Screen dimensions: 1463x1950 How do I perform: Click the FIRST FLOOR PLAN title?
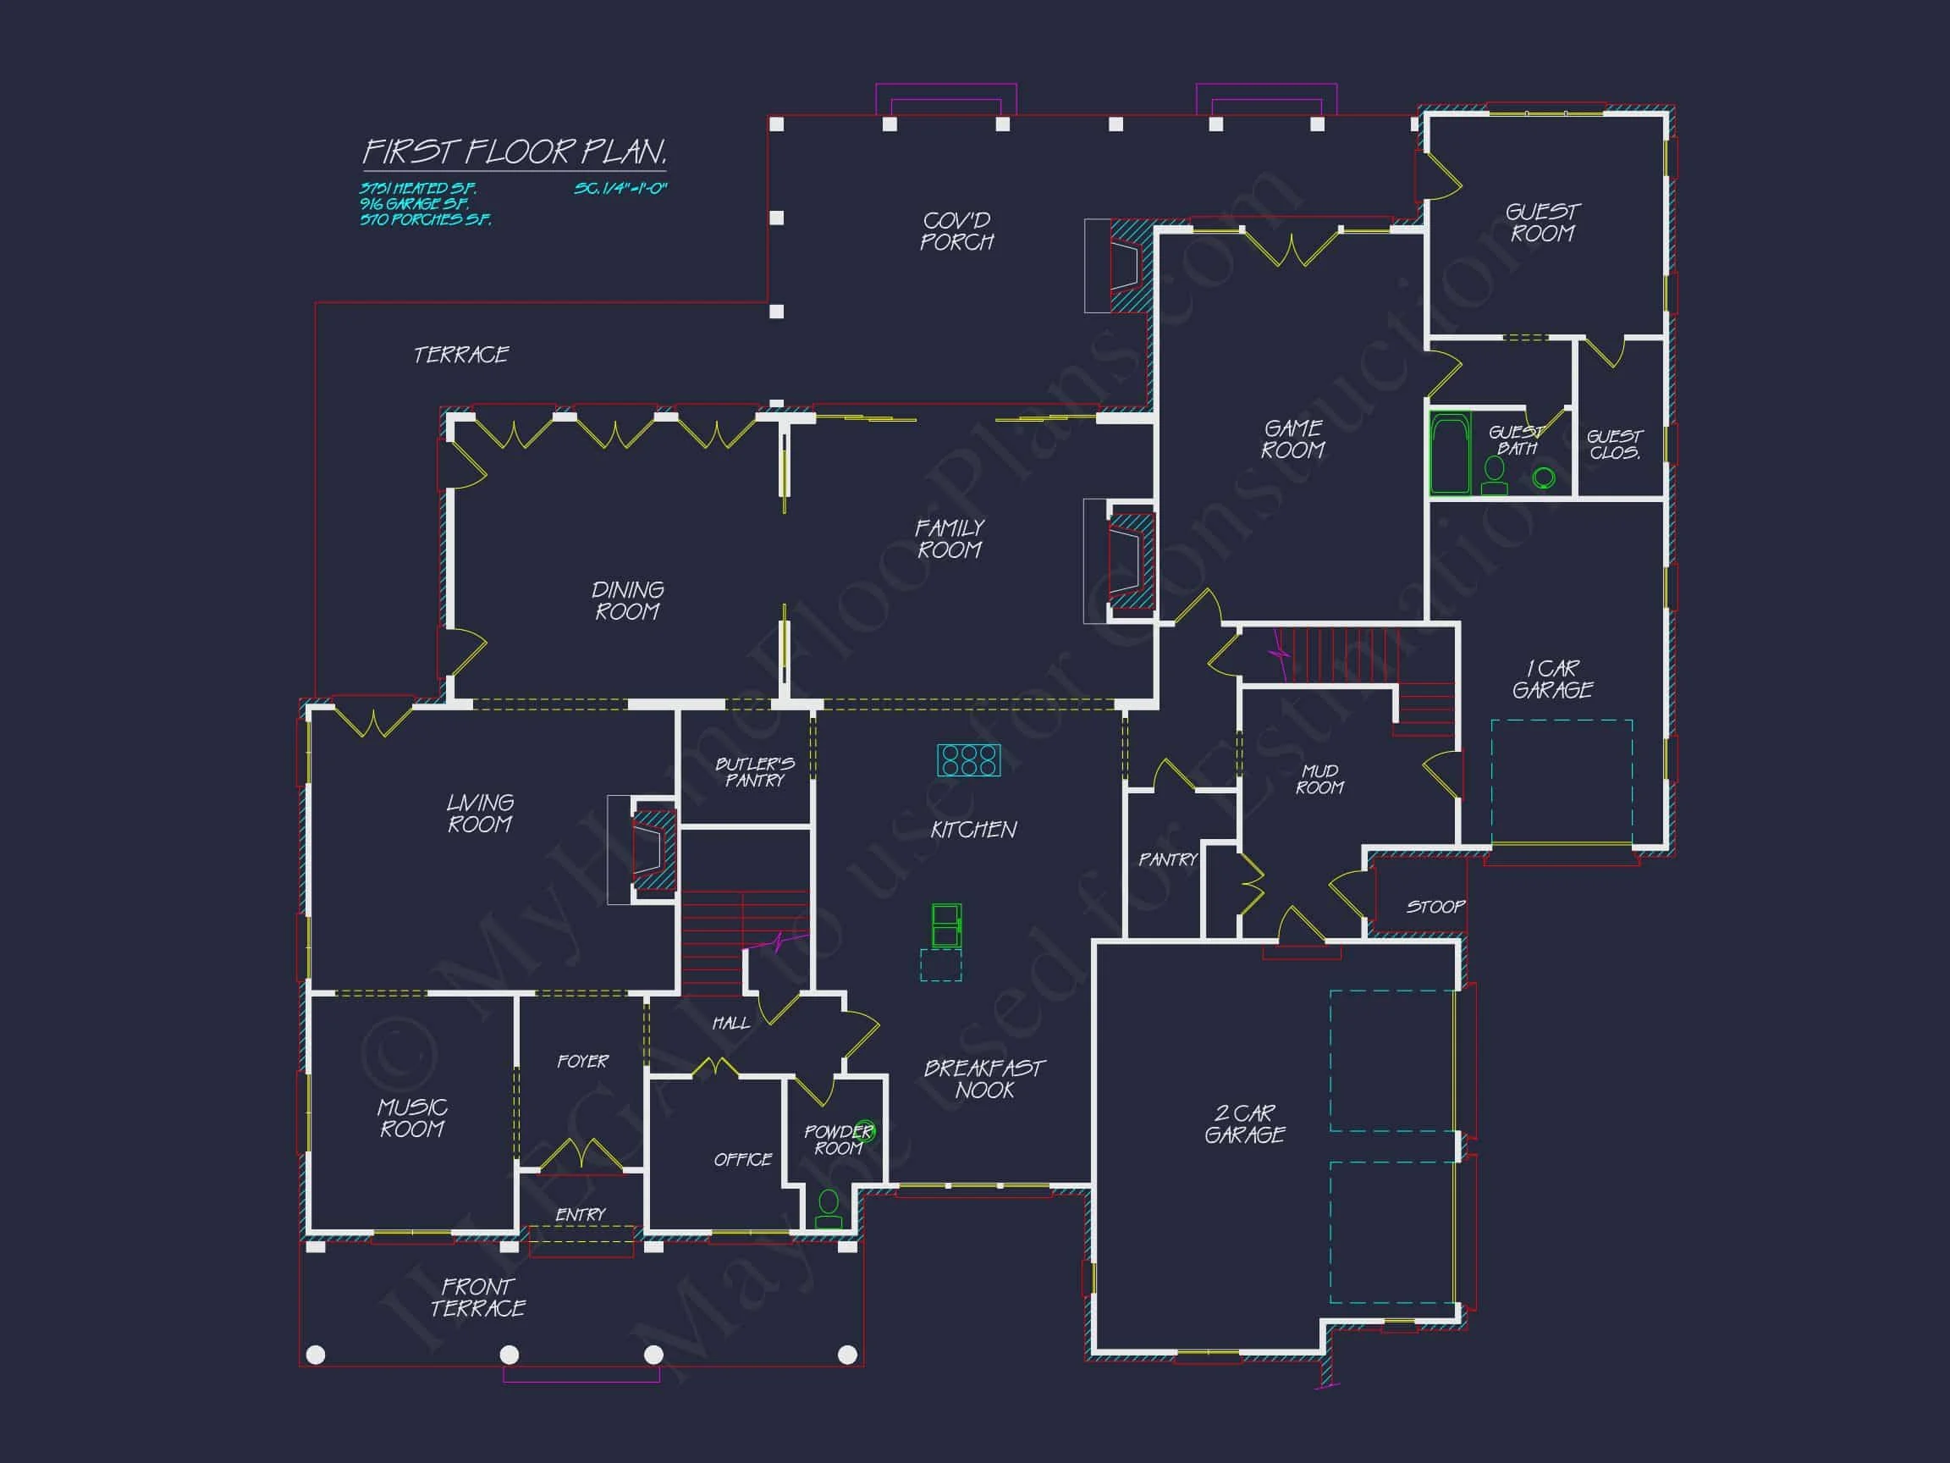(515, 152)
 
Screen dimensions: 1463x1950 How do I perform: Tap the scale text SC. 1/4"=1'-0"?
(620, 189)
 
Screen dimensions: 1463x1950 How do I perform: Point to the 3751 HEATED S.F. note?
(418, 189)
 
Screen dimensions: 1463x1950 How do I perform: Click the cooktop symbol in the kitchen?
(968, 759)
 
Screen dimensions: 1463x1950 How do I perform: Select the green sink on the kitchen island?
(946, 925)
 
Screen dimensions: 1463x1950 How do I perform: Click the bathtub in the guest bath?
(1449, 453)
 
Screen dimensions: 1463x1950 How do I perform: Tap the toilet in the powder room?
(828, 1208)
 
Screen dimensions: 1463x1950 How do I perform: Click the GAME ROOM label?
(1293, 439)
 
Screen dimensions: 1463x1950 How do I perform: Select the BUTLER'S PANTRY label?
(755, 771)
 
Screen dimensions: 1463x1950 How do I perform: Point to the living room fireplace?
(653, 849)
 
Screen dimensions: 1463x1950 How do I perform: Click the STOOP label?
(1435, 907)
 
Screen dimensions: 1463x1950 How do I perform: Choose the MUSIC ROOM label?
(412, 1118)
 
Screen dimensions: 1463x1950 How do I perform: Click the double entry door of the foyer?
(581, 1154)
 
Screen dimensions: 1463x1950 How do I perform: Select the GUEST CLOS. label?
(1615, 444)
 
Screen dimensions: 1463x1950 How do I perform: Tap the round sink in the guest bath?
(1543, 478)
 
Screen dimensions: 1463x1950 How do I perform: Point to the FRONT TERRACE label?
(478, 1297)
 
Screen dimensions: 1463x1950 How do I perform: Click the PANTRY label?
(1168, 859)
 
